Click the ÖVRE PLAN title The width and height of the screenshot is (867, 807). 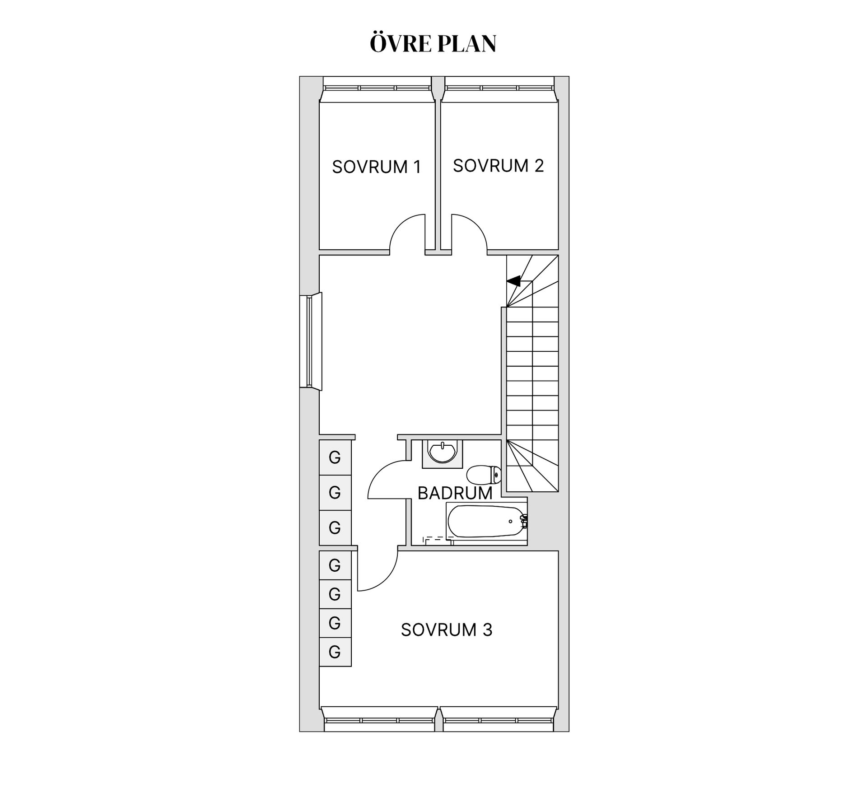[433, 44]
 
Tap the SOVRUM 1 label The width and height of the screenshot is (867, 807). [376, 167]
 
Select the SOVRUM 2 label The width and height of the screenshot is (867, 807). [498, 166]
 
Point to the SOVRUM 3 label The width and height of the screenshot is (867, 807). [446, 630]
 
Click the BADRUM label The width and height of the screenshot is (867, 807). [455, 493]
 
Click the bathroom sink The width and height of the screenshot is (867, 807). [443, 452]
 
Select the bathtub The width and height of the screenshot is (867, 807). [485, 522]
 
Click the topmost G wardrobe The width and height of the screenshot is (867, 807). [335, 457]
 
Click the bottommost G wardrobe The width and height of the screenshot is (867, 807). [335, 652]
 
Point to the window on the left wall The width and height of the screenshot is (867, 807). [310, 341]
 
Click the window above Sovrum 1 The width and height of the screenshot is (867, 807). [377, 89]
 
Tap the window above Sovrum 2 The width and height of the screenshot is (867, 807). [499, 89]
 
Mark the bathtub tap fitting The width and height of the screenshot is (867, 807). [524, 522]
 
